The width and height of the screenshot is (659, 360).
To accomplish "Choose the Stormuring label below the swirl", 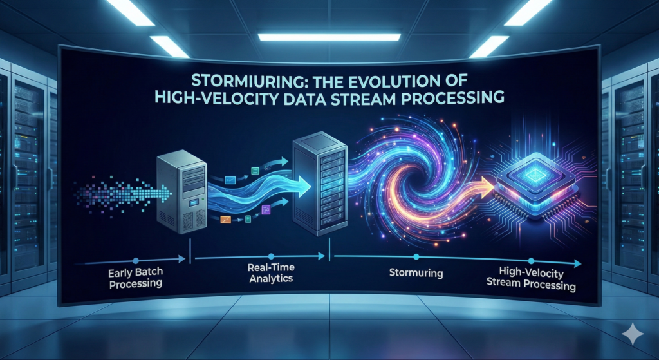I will click(x=416, y=273).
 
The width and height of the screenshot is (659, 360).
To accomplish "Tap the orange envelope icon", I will click(x=225, y=220).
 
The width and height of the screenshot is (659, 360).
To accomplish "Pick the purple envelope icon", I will click(x=265, y=207).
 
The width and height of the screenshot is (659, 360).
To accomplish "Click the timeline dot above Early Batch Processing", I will click(x=136, y=260).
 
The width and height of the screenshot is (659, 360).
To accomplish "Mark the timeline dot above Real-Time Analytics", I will click(x=272, y=256).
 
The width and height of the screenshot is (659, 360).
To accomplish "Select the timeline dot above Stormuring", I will click(x=416, y=257).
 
